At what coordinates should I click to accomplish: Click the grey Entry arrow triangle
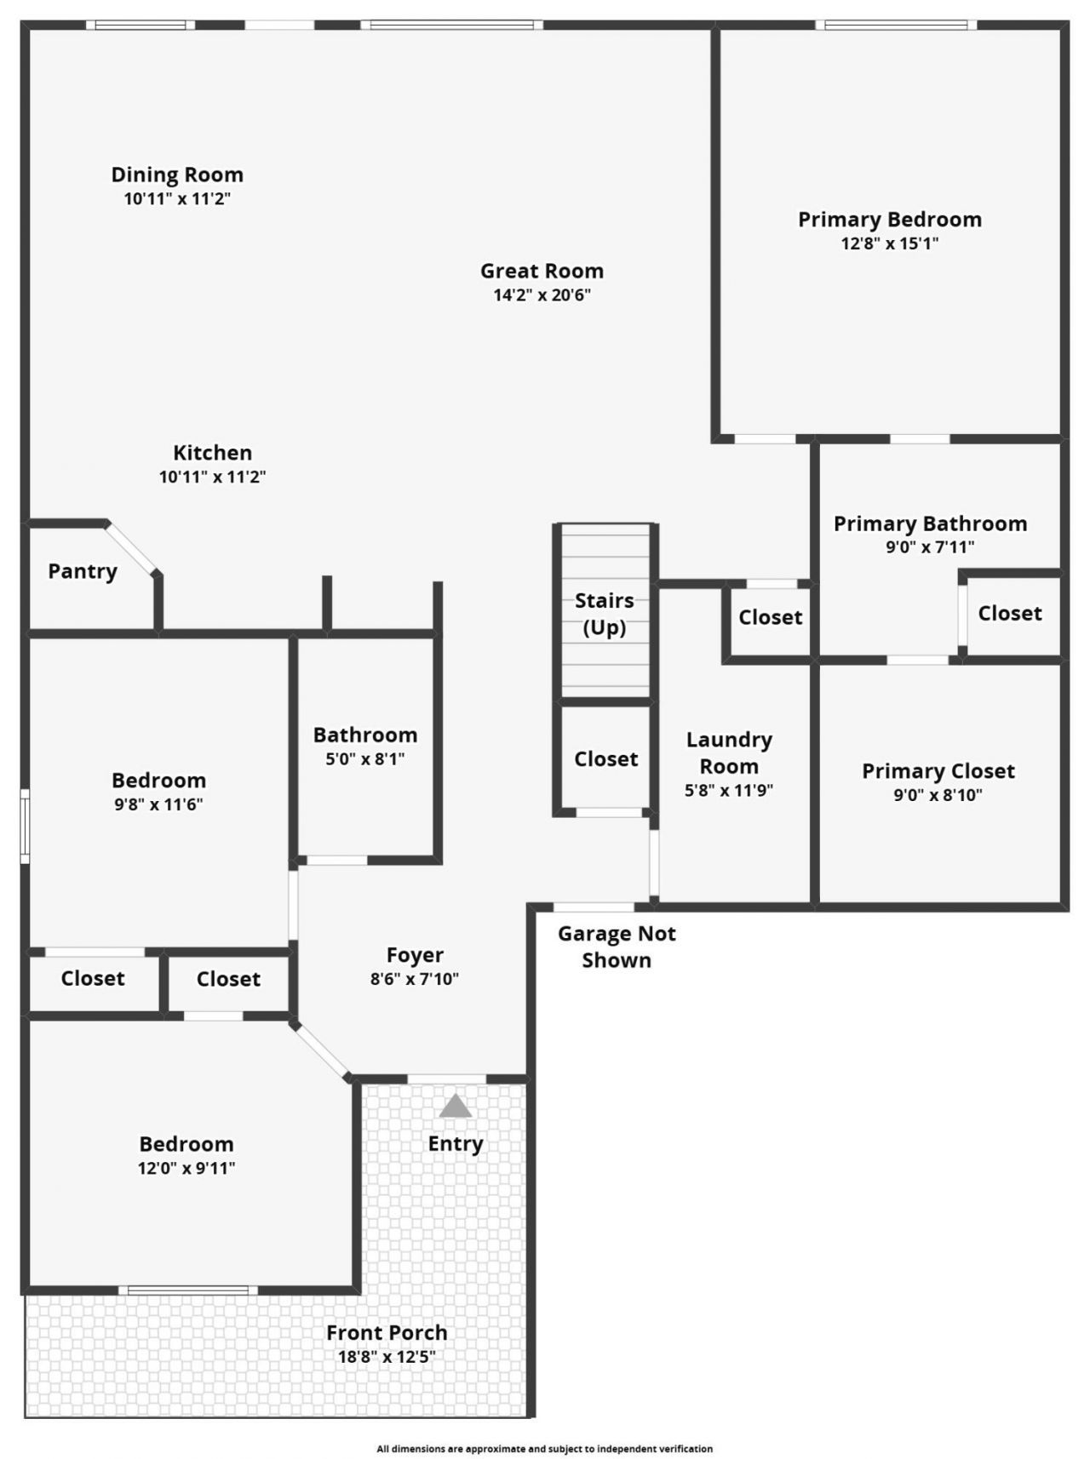point(456,1106)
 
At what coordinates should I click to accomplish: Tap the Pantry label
point(83,571)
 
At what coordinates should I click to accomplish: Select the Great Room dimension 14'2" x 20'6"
point(542,295)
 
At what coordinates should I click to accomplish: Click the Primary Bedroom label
point(890,220)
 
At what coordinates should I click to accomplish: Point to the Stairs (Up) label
point(605,614)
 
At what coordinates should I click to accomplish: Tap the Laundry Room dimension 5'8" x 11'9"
point(729,790)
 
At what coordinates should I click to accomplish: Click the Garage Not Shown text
point(617,947)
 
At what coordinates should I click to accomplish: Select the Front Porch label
point(387,1332)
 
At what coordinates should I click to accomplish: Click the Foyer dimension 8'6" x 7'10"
point(415,979)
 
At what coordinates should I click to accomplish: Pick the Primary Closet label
point(938,771)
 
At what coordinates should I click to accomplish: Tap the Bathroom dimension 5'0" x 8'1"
point(365,758)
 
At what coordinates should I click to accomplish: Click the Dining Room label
point(177,175)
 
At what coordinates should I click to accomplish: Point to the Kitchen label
point(213,453)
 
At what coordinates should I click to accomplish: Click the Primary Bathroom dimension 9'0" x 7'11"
point(931,547)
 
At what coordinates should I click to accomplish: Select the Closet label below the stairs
point(606,758)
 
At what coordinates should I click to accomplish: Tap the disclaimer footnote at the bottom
point(545,1448)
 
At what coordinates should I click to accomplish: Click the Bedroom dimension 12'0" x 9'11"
point(186,1168)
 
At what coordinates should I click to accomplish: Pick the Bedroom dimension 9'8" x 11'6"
point(159,804)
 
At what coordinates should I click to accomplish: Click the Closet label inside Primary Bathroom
point(1010,613)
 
